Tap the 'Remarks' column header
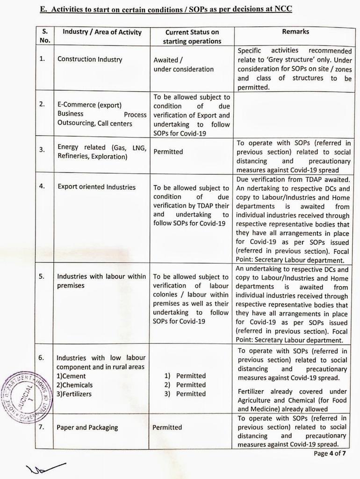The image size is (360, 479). pyautogui.click(x=295, y=32)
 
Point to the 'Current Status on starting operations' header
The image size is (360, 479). pyautogui.click(x=192, y=36)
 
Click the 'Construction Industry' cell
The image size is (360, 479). pyautogui.click(x=90, y=59)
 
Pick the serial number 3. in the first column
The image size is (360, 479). pyautogui.click(x=42, y=150)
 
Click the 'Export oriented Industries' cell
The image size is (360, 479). pyautogui.click(x=96, y=187)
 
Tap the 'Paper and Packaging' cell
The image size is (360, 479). pyautogui.click(x=87, y=427)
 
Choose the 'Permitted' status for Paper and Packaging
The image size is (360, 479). pyautogui.click(x=167, y=427)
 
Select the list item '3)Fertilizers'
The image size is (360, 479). pyautogui.click(x=74, y=394)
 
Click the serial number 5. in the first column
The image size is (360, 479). pyautogui.click(x=42, y=276)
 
